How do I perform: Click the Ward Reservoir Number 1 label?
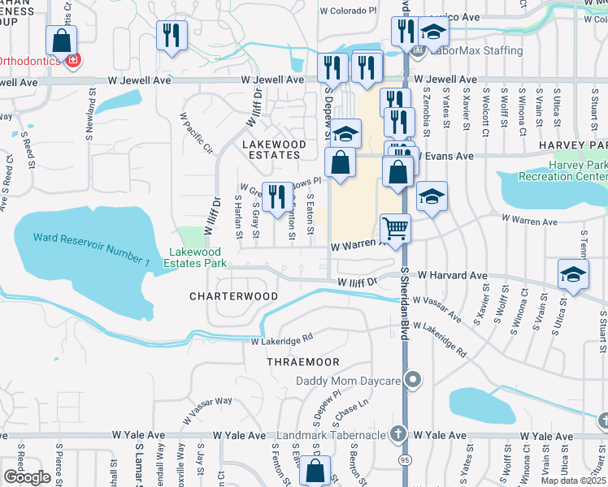coord(91,249)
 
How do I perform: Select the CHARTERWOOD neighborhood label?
coord(234,297)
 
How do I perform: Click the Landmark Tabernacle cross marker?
coord(397,434)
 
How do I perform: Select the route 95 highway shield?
coord(404,459)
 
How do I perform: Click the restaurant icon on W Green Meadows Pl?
coord(277,196)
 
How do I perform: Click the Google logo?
coord(27,477)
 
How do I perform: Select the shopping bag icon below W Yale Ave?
coord(314,471)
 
